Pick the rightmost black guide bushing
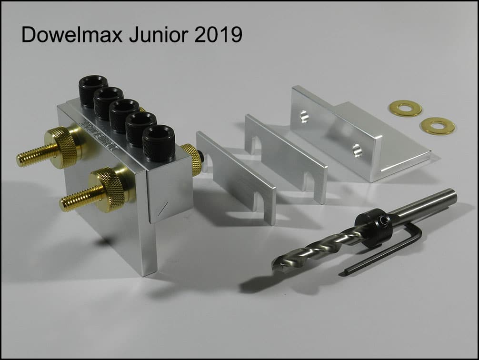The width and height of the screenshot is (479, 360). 159,141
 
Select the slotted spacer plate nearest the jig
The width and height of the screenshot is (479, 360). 235,177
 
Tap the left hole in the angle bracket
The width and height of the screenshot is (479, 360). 303,116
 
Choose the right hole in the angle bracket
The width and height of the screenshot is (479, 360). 357,150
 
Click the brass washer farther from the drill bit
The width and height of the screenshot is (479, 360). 405,108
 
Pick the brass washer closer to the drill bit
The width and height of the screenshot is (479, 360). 437,126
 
